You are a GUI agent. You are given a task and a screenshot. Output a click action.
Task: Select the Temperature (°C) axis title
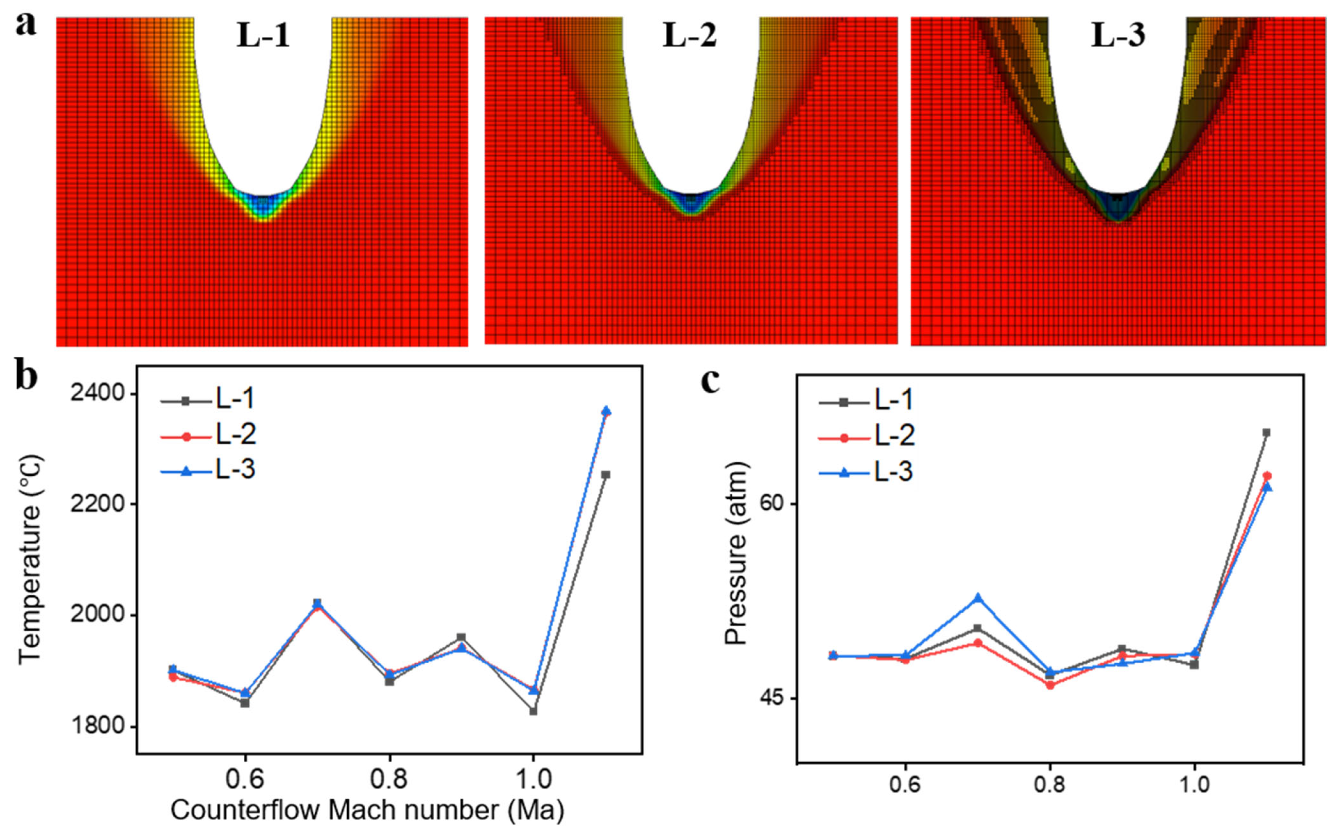(30, 559)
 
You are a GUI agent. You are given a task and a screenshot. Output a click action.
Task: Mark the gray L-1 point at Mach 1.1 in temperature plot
(606, 474)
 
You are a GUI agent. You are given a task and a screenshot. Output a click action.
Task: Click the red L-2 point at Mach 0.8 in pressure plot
(1050, 685)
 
